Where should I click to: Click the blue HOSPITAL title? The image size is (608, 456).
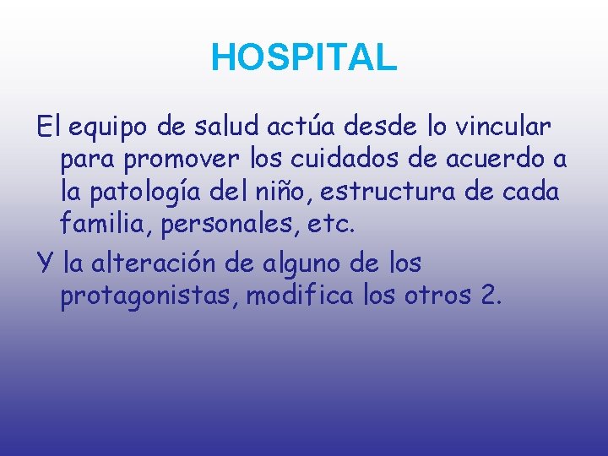point(303,57)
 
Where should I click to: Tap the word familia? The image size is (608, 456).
point(99,225)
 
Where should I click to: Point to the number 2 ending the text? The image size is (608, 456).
point(491,296)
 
